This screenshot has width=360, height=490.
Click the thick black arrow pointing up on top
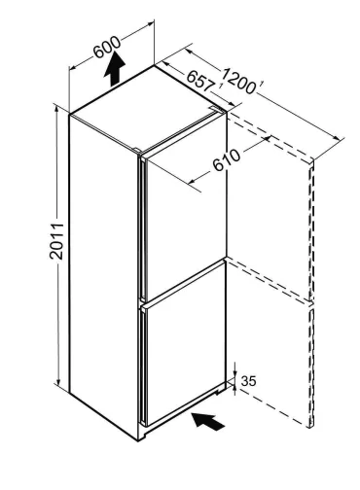coord(115,70)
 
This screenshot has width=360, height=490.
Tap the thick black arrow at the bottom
coord(211,421)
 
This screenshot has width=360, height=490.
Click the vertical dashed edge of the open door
coord(312,292)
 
